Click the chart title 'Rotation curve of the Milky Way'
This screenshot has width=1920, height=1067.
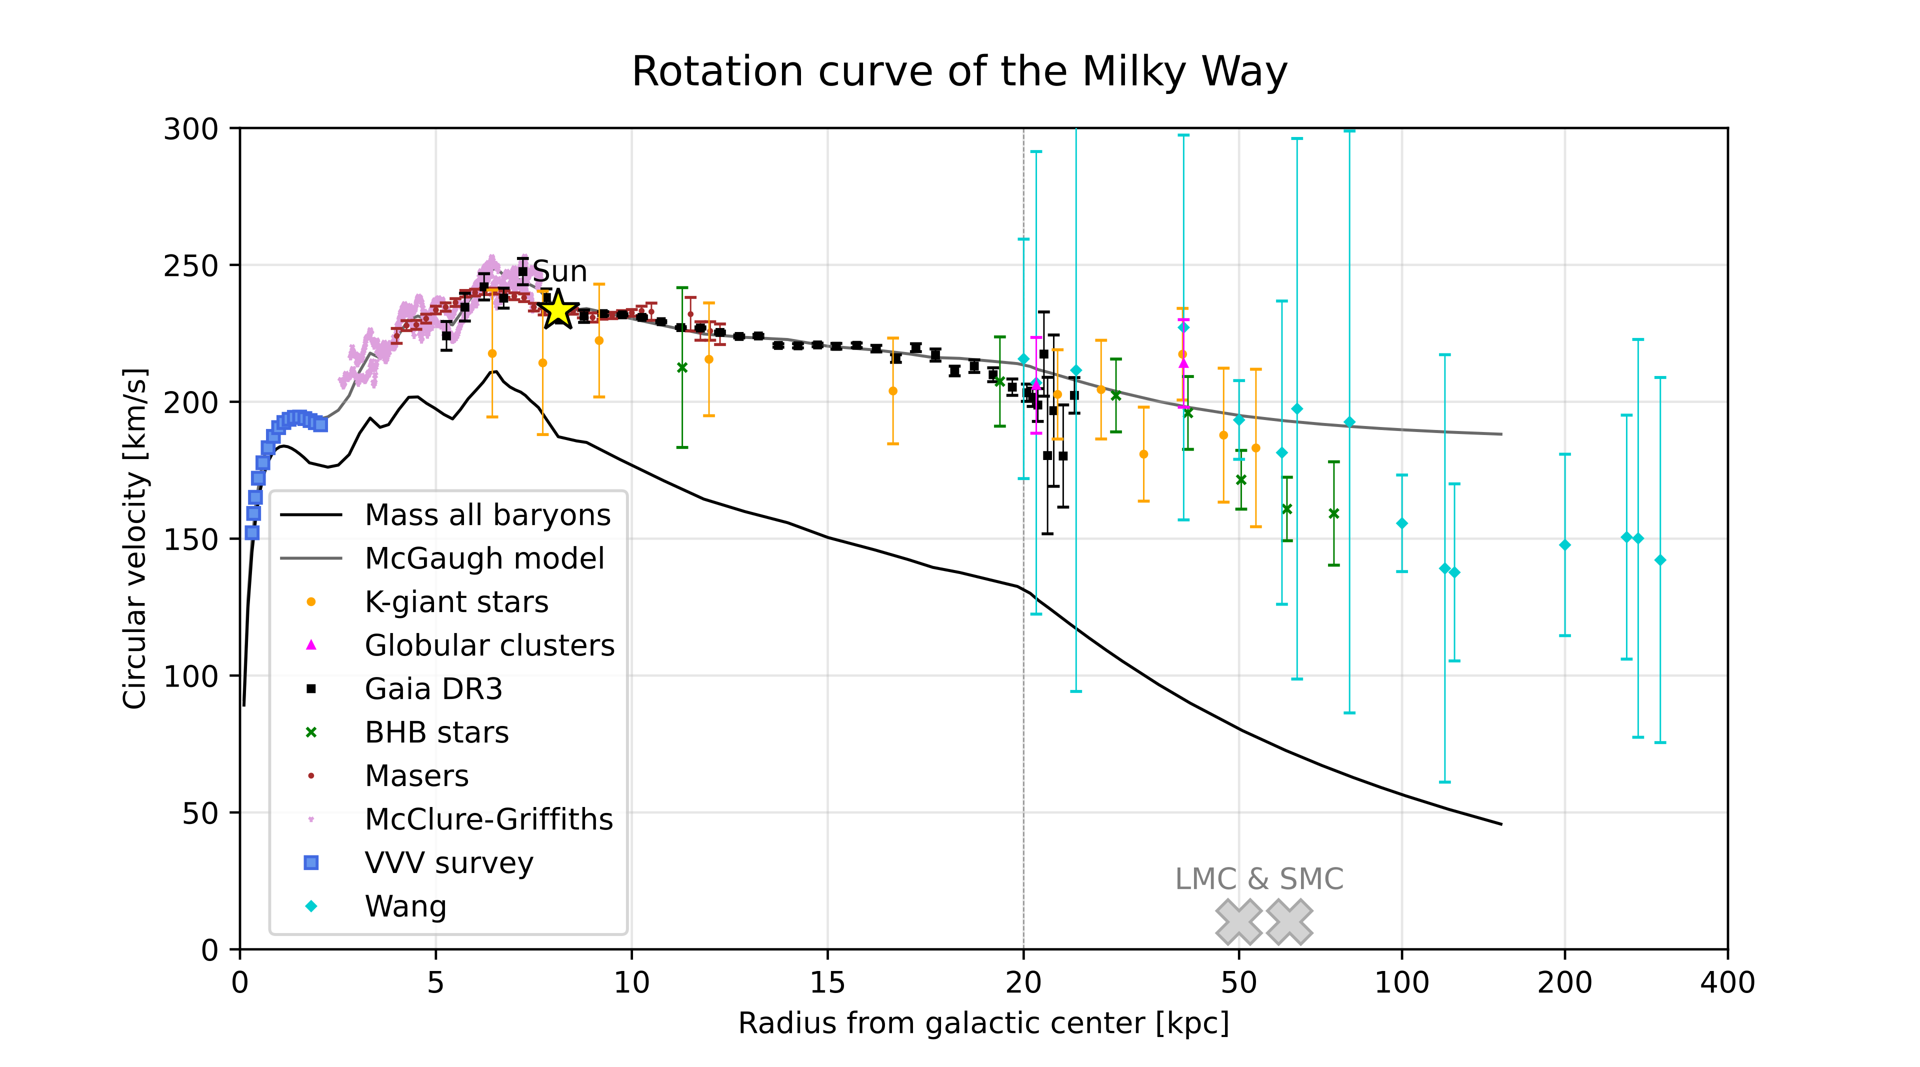tap(959, 72)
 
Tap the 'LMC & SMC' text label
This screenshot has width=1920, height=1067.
tap(1259, 879)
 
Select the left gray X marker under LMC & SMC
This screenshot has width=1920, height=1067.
tap(1238, 921)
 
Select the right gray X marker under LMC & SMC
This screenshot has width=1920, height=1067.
tap(1288, 921)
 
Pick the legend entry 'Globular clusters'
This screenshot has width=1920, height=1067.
tap(489, 645)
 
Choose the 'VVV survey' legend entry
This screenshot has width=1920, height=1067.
tap(448, 863)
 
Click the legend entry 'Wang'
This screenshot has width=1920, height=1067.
tap(405, 906)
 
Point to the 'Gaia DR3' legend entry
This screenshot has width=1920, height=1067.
tap(433, 689)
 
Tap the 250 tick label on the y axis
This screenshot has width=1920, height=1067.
tap(191, 266)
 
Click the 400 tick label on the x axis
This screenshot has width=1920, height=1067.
tap(1727, 983)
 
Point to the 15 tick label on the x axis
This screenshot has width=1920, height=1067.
tap(827, 983)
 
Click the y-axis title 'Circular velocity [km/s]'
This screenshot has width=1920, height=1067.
tap(135, 538)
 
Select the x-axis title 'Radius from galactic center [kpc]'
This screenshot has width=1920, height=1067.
tap(983, 1023)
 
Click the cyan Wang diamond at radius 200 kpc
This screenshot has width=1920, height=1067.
tap(1564, 544)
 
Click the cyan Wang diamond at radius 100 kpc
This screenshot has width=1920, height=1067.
tap(1401, 523)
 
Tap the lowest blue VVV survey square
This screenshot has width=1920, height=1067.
tap(252, 533)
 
